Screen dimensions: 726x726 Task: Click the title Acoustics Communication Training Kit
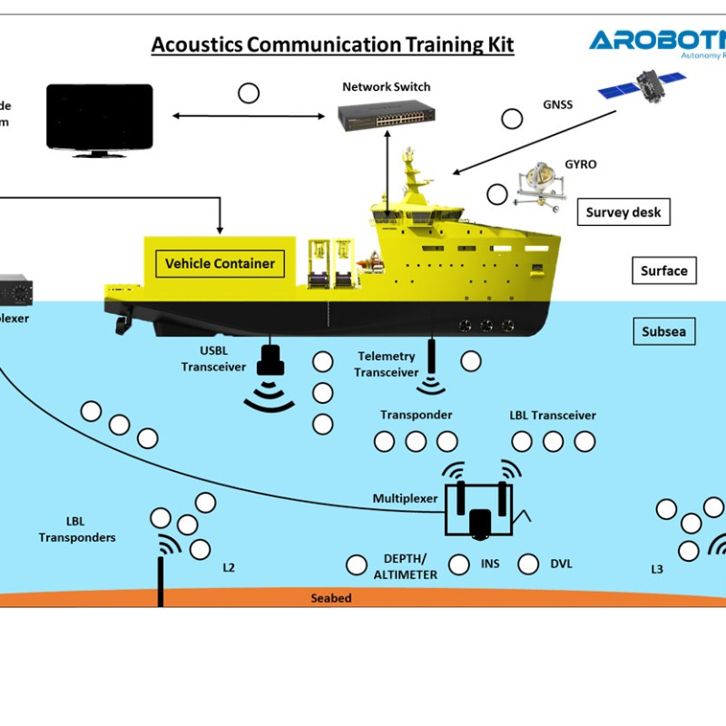click(332, 44)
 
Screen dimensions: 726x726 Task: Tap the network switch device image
click(386, 115)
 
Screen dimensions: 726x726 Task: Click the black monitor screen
click(100, 116)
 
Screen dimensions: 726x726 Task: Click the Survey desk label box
click(623, 212)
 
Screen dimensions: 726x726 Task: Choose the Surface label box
click(663, 270)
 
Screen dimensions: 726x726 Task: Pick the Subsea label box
click(663, 331)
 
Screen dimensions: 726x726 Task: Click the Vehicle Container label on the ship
click(220, 264)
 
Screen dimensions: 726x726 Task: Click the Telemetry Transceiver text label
click(386, 364)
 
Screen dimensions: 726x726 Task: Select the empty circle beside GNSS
click(513, 118)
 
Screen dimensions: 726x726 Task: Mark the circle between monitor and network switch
click(248, 93)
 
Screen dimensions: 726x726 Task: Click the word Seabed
click(330, 598)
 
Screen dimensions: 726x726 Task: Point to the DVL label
click(562, 564)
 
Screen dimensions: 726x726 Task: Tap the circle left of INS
click(459, 564)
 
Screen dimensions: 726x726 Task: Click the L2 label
click(229, 568)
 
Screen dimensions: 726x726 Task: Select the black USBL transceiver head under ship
click(270, 361)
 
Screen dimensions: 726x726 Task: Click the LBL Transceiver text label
click(553, 416)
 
